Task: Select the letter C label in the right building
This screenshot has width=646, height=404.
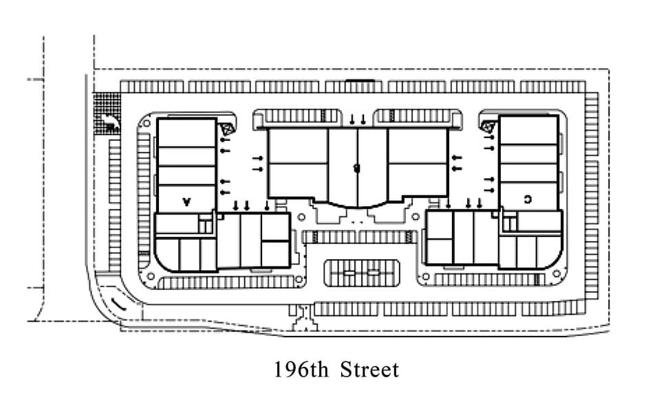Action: pyautogui.click(x=527, y=199)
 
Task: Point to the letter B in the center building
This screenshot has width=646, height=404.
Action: pyautogui.click(x=356, y=167)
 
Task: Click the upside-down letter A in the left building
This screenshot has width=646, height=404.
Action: pyautogui.click(x=186, y=202)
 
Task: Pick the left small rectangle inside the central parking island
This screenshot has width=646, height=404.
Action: pyautogui.click(x=349, y=273)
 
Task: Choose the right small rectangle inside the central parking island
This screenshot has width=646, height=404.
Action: pyautogui.click(x=374, y=273)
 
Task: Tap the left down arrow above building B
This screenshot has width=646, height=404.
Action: pyautogui.click(x=352, y=120)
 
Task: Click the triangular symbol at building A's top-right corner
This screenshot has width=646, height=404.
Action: pyautogui.click(x=226, y=128)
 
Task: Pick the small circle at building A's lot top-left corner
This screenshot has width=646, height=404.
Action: pyautogui.click(x=146, y=124)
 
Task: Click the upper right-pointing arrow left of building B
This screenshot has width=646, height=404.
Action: pyautogui.click(x=257, y=159)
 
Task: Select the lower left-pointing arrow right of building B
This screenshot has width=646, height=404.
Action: pyautogui.click(x=457, y=167)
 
